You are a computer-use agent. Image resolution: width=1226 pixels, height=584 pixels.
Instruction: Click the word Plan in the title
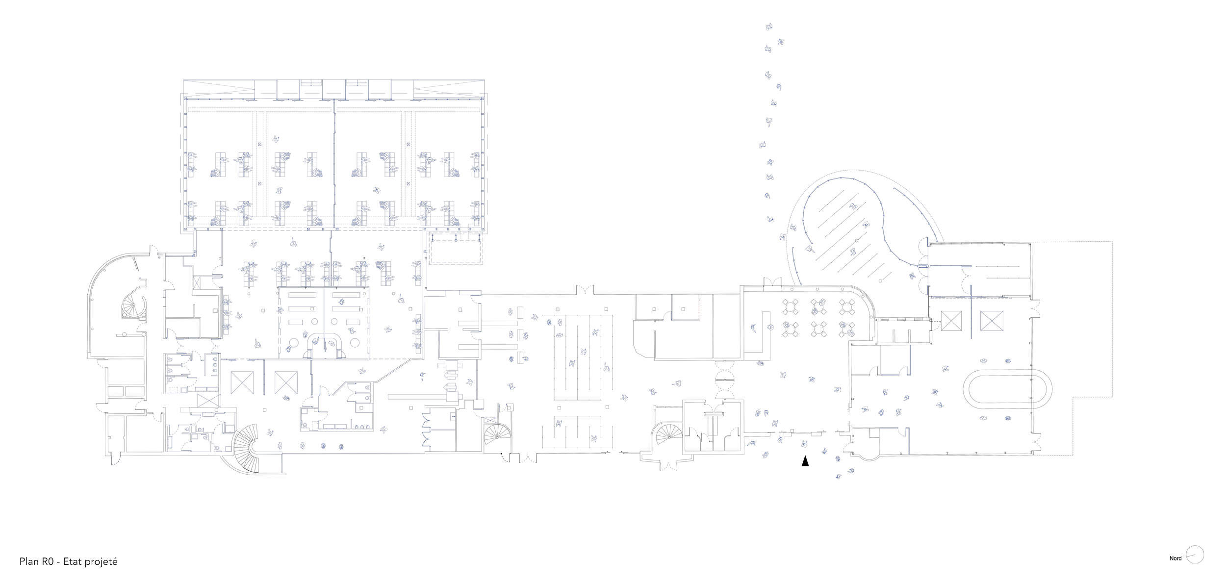[x=29, y=561]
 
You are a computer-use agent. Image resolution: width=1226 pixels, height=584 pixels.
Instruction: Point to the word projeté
[x=101, y=562]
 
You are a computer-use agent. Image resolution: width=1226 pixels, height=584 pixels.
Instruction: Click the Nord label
[x=1175, y=559]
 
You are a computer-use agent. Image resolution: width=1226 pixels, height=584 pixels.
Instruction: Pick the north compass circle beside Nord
[x=1195, y=555]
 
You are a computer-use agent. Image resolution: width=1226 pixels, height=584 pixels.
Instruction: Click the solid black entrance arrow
[x=805, y=461]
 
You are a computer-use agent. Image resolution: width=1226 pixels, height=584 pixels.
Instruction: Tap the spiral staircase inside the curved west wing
[x=133, y=307]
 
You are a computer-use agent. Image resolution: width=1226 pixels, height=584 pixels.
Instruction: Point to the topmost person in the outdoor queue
[x=769, y=26]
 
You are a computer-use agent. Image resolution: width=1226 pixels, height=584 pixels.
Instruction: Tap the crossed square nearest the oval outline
[x=992, y=321]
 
